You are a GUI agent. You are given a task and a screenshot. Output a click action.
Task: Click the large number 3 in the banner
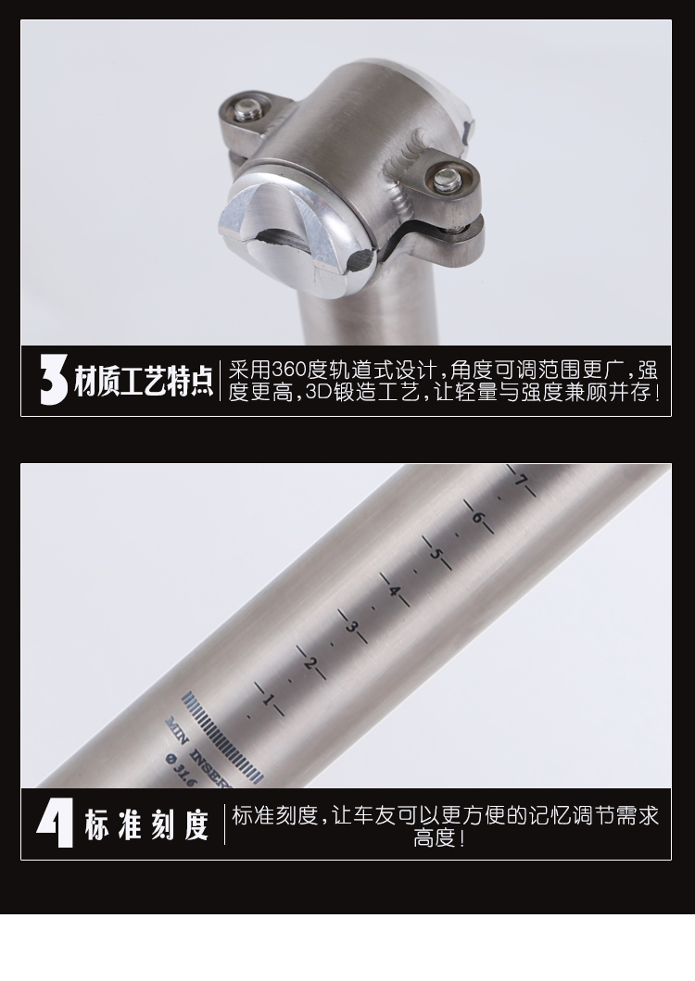coord(53,380)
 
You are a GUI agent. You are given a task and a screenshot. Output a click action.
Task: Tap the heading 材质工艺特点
coord(144,381)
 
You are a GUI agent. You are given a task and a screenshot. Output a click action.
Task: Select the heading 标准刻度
coord(146,824)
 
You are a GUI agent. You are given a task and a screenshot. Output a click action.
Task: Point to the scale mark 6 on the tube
coord(478,518)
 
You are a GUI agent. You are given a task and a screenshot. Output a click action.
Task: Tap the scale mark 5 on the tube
coord(436,554)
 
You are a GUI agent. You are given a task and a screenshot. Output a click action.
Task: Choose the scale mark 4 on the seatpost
coord(395,590)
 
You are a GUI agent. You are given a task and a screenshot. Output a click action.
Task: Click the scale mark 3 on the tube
coord(352,626)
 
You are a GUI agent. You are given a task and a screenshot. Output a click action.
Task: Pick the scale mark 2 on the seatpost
coord(310,662)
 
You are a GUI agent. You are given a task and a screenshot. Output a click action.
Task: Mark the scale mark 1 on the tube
coord(270,698)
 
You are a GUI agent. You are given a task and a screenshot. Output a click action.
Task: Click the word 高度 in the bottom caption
coord(436,838)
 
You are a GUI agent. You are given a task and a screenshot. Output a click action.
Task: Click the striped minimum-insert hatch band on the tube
coord(221,737)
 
